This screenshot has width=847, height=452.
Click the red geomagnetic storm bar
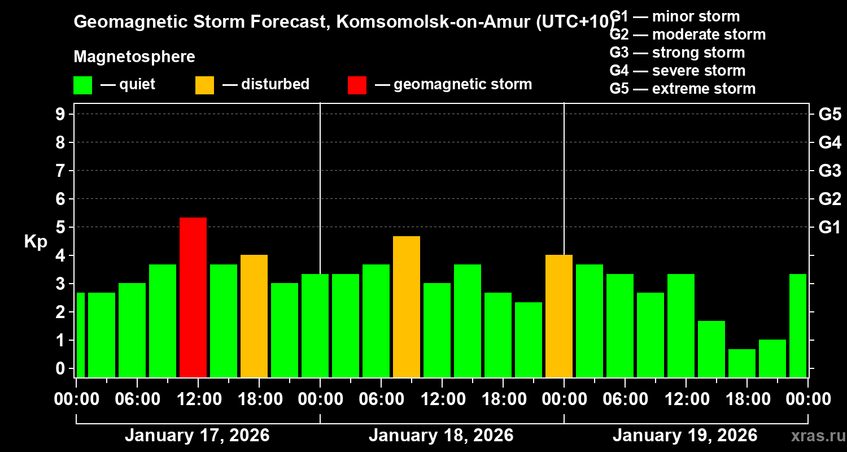[193, 297]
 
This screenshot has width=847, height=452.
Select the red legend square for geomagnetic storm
[357, 85]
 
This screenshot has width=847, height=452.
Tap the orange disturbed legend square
[204, 85]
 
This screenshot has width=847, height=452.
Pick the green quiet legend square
[82, 85]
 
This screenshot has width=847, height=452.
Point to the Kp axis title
[36, 241]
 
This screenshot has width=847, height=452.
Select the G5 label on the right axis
[829, 114]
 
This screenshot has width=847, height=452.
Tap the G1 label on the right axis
[829, 227]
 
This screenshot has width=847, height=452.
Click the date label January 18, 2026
[441, 436]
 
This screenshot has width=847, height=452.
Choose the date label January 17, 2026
[197, 436]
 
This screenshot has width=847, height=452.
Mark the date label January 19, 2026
[685, 436]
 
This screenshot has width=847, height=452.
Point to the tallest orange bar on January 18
[407, 306]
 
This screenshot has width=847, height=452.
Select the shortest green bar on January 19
[742, 363]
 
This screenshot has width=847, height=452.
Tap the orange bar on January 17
[254, 316]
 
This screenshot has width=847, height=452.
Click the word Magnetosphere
[134, 57]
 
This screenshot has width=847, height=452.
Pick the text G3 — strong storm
[677, 53]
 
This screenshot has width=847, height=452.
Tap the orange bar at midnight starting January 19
[559, 316]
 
